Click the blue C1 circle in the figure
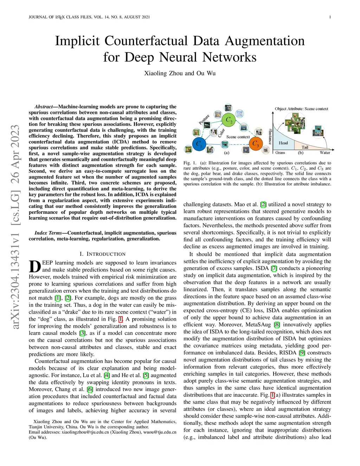pyautogui.click(x=199, y=144)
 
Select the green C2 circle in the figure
pyautogui.click(x=229, y=120)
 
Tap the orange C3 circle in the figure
pyautogui.click(x=256, y=144)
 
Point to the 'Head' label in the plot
pyautogui.click(x=283, y=143)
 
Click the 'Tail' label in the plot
pyautogui.click(x=305, y=147)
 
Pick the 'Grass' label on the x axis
pyautogui.click(x=280, y=153)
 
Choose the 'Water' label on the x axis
pyautogui.click(x=325, y=153)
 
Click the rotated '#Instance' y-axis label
pyautogui.click(x=270, y=136)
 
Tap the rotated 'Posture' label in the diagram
pyautogui.click(x=204, y=119)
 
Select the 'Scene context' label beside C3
pyautogui.click(x=238, y=137)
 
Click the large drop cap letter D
pyautogui.click(x=35, y=267)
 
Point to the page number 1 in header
pyautogui.click(x=330, y=17)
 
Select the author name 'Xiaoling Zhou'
pyautogui.click(x=163, y=73)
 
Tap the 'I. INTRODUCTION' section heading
pyautogui.click(x=102, y=254)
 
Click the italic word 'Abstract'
pyautogui.click(x=43, y=107)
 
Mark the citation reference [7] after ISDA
pyautogui.click(x=274, y=268)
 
